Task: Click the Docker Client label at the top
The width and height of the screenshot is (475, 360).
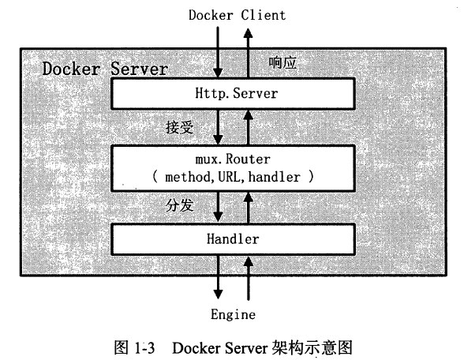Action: [x=237, y=15]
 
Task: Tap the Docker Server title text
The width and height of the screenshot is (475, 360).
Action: [x=105, y=69]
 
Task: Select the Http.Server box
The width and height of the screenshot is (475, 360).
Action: [x=233, y=94]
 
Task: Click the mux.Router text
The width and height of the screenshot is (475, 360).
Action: [x=233, y=159]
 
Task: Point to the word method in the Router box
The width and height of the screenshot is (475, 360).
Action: [x=187, y=177]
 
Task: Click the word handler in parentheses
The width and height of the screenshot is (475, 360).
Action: [x=274, y=177]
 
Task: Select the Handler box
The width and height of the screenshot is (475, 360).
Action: [x=233, y=239]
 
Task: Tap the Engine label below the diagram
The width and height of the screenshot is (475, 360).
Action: [x=233, y=314]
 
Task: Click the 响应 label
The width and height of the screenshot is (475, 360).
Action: [x=282, y=62]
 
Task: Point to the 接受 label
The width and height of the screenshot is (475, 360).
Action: [x=179, y=127]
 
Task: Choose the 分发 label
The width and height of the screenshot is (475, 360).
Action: [x=179, y=206]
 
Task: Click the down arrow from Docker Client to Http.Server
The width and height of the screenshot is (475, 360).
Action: [x=218, y=52]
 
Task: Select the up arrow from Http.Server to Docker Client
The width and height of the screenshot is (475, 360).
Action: [x=248, y=54]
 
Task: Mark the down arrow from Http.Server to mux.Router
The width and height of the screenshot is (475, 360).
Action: [x=218, y=127]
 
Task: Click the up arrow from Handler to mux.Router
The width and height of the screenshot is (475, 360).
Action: [x=249, y=208]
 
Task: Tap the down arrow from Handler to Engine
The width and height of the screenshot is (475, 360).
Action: [x=218, y=277]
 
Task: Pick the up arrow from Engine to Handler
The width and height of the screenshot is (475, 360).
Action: [x=249, y=278]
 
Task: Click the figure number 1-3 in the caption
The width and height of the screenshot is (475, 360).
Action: [x=144, y=347]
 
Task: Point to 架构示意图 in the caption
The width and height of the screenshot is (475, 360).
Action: [x=312, y=347]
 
